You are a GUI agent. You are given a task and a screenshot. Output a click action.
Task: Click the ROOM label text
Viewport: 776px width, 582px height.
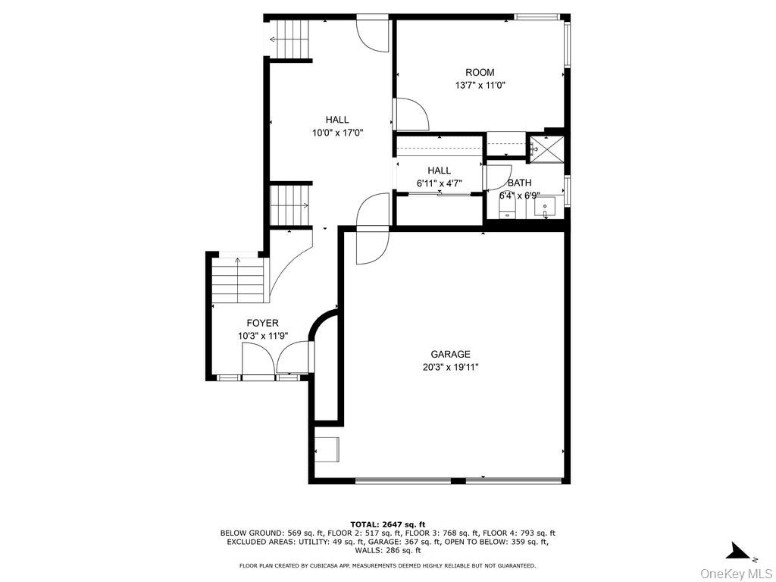pyautogui.click(x=480, y=72)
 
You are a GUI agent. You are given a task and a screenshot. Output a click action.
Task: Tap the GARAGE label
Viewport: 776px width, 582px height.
pyautogui.click(x=450, y=355)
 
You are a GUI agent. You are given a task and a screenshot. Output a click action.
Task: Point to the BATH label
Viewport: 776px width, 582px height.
pyautogui.click(x=520, y=183)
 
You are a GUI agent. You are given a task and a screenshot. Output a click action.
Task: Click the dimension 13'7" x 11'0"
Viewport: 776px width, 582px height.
pyautogui.click(x=480, y=85)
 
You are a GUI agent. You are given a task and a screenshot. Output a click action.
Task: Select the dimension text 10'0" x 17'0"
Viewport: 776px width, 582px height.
pyautogui.click(x=337, y=132)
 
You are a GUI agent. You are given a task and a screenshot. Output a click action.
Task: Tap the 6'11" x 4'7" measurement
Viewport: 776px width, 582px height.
pyautogui.click(x=440, y=183)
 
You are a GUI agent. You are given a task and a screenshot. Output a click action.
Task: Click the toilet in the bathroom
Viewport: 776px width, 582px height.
pyautogui.click(x=508, y=209)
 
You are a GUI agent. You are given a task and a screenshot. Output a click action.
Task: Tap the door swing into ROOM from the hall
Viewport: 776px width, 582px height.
pyautogui.click(x=411, y=114)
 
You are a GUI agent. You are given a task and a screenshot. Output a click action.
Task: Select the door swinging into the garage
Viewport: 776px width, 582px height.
pyautogui.click(x=372, y=245)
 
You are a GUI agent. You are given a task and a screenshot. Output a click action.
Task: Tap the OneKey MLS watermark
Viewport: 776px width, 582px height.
pyautogui.click(x=737, y=574)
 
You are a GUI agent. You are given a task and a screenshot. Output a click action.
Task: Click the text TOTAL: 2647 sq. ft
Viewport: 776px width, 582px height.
pyautogui.click(x=387, y=524)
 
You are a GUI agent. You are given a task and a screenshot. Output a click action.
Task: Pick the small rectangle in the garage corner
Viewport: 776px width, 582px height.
pyautogui.click(x=328, y=449)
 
